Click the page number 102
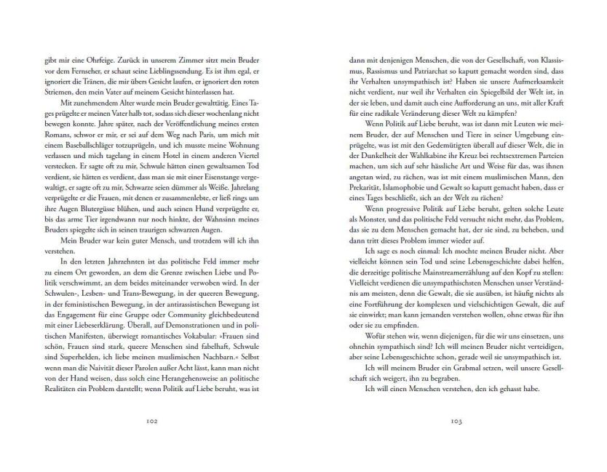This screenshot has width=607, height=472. [x=152, y=420]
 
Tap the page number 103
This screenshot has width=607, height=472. [x=456, y=420]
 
